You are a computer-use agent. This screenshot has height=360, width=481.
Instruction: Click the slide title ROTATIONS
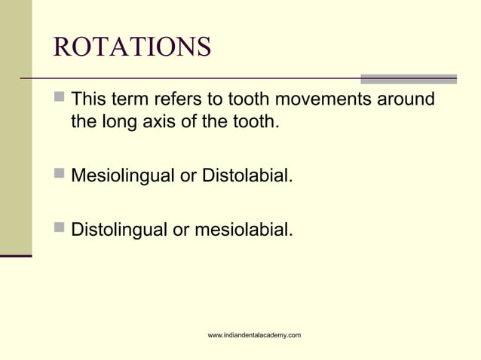point(132,47)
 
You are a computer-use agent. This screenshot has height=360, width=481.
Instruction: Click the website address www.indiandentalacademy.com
point(254,334)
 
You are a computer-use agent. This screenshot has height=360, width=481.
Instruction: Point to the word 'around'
point(407,99)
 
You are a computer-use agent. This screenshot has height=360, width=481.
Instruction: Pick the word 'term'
point(131,99)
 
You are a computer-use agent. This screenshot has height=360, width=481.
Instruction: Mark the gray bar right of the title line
point(408,78)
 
